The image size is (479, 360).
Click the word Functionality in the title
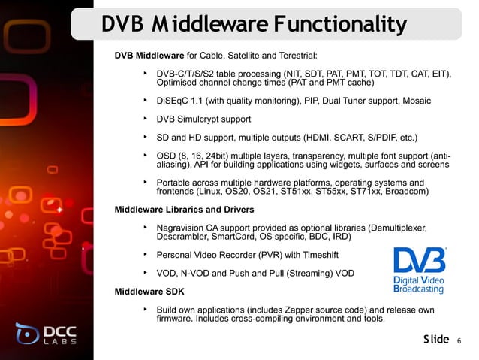coord(338,26)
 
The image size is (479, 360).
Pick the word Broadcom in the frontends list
coord(406,192)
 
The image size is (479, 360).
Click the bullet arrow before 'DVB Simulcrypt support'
coord(143,118)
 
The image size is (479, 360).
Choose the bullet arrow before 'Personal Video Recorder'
coord(143,253)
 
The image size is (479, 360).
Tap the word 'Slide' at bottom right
coord(435,340)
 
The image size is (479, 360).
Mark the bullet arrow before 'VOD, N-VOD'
coord(143,271)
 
